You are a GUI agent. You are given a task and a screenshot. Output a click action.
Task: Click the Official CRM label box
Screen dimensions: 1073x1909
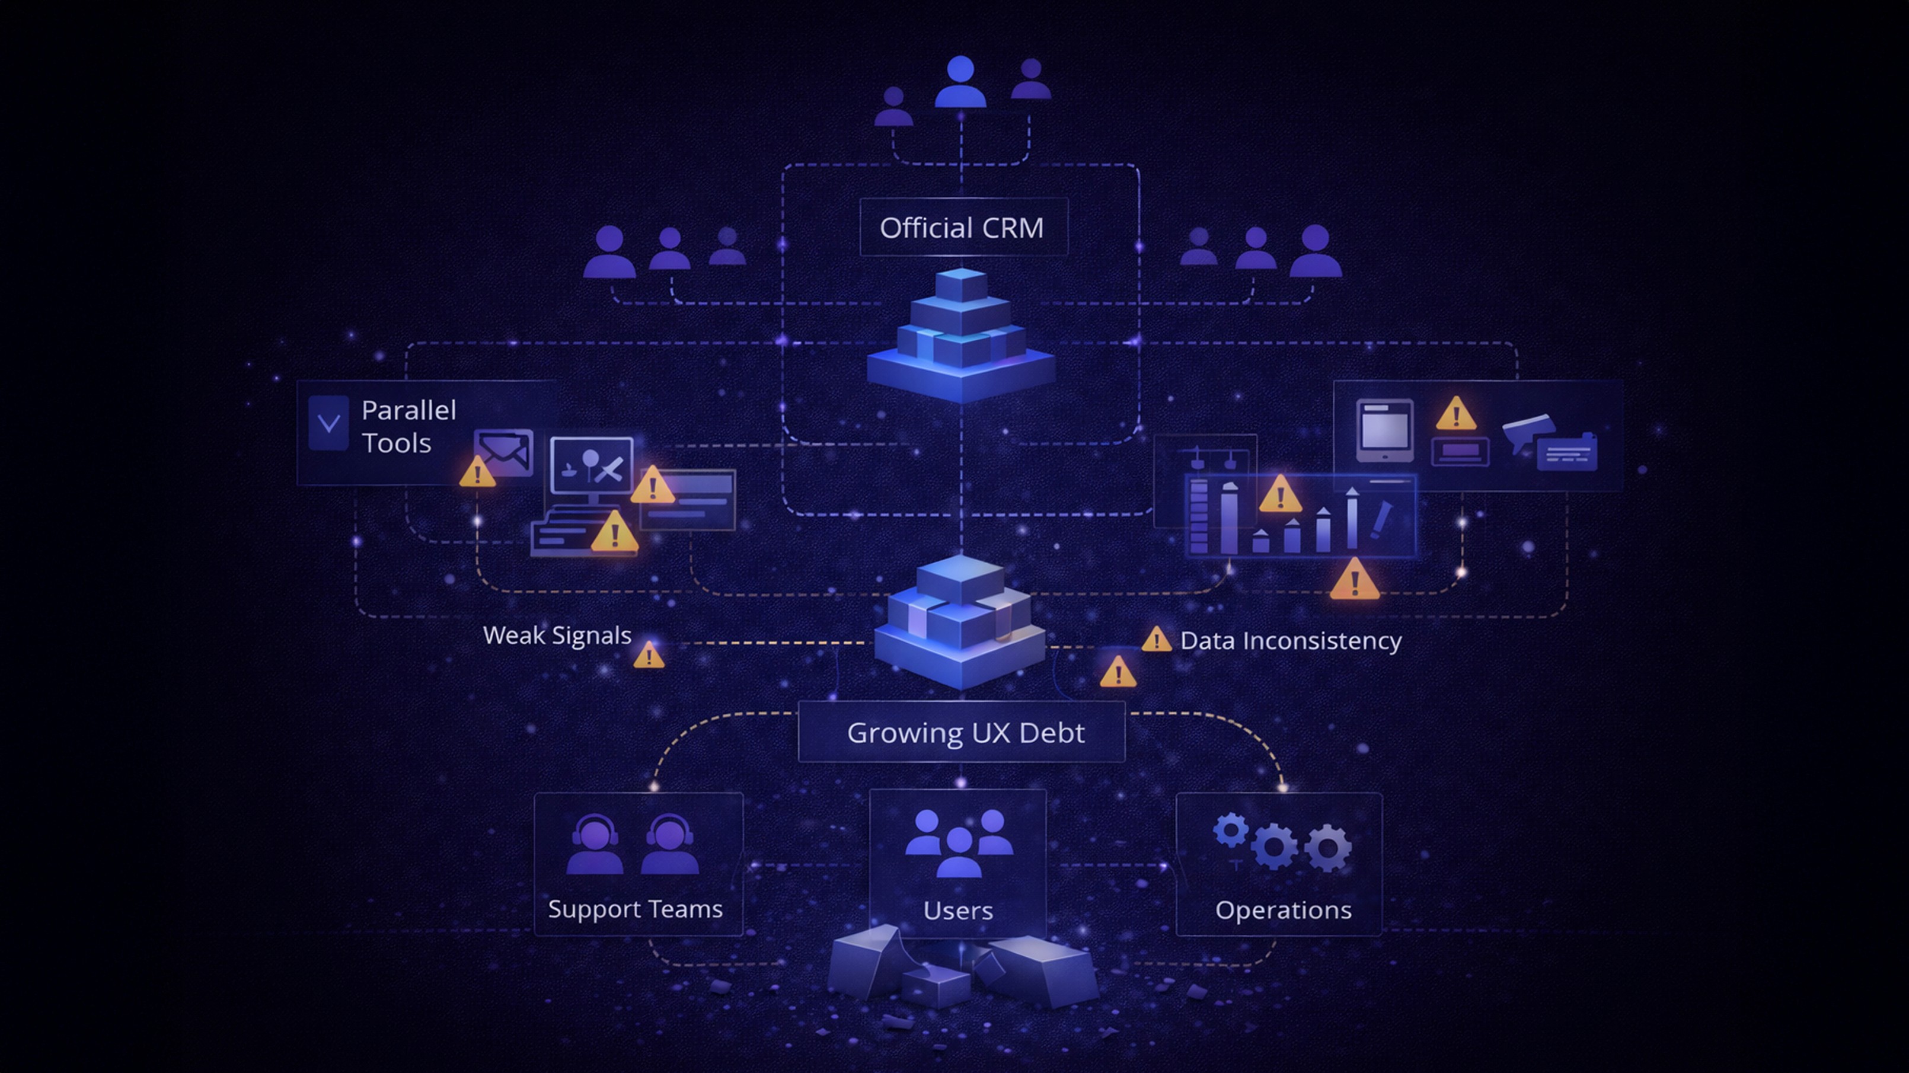[x=963, y=228]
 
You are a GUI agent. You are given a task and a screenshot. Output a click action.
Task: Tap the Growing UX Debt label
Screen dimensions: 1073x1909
[x=965, y=733]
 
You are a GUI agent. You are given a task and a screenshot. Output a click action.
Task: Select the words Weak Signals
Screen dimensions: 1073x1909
[x=557, y=636]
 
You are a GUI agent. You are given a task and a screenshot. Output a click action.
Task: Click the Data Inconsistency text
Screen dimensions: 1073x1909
[x=1290, y=641]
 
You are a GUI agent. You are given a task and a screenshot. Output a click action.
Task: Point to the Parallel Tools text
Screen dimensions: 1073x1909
[x=408, y=426]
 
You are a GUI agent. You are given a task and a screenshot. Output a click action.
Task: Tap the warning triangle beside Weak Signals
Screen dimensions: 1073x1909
[x=649, y=655]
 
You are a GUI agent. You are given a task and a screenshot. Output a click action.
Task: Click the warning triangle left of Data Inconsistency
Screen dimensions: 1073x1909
[x=1156, y=640]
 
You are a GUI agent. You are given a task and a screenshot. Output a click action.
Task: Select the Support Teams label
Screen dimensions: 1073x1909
[x=635, y=909]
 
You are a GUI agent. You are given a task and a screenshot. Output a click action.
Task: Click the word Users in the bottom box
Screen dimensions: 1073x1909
[x=957, y=911]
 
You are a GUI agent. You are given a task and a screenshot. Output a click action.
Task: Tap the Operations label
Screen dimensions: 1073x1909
[x=1283, y=910]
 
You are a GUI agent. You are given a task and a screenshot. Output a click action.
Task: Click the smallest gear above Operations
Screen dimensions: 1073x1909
[x=1230, y=831]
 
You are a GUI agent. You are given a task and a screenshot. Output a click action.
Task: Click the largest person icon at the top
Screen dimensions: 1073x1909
[x=960, y=82]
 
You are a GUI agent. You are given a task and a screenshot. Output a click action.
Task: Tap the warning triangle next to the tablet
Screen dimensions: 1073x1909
[x=1455, y=414]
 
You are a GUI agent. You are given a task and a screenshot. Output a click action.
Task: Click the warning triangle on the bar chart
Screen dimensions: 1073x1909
[x=1280, y=494]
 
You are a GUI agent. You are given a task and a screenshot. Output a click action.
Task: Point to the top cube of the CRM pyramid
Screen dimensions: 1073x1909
[x=961, y=285]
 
